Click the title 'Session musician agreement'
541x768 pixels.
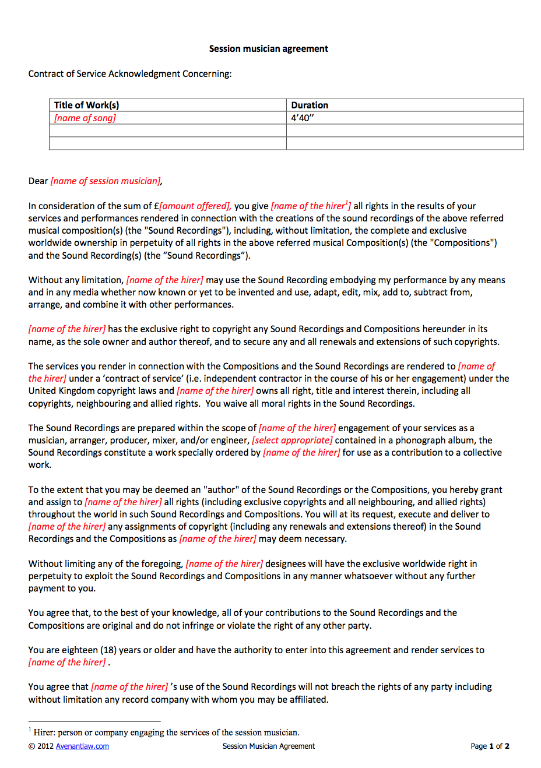[268, 49]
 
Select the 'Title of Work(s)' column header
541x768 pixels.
[86, 105]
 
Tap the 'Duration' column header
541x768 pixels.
[310, 105]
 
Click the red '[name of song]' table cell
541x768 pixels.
[85, 118]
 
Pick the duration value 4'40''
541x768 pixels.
[303, 118]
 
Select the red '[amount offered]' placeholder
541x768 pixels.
[195, 206]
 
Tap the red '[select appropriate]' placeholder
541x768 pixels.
[292, 441]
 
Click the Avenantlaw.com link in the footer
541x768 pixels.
[82, 746]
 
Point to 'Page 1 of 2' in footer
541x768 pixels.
[490, 746]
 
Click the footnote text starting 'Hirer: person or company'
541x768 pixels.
[166, 733]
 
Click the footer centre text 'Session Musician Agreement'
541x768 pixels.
[268, 746]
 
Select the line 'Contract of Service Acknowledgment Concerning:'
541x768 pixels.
[130, 74]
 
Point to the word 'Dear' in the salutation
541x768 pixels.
[38, 181]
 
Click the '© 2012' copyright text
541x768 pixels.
[41, 746]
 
